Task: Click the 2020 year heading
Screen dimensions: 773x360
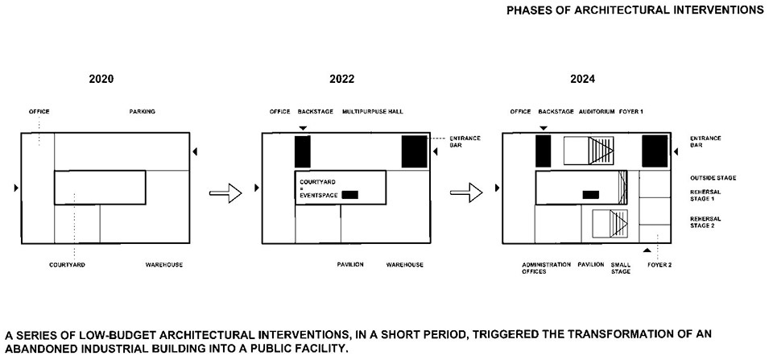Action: click(101, 79)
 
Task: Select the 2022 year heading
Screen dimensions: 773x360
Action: click(341, 79)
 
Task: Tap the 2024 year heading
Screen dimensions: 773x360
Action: click(582, 79)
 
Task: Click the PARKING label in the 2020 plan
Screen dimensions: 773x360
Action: click(142, 112)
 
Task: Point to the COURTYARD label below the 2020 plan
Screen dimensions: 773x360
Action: click(67, 265)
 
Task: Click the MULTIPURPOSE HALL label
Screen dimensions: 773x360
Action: click(373, 112)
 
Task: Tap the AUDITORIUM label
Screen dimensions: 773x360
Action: click(597, 112)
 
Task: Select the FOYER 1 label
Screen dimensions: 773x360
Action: click(631, 112)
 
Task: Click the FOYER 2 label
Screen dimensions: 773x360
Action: click(659, 265)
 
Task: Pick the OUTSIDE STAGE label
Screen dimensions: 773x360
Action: click(713, 178)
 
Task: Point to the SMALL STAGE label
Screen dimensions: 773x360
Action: click(621, 268)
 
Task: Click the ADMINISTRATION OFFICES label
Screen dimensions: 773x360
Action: click(546, 268)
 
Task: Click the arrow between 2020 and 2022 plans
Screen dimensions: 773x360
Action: click(225, 192)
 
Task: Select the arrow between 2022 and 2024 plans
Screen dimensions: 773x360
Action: click(466, 192)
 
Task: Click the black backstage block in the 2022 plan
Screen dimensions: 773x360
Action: click(303, 151)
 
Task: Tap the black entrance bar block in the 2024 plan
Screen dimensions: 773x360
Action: click(655, 151)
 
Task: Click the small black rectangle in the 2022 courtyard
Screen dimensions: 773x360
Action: click(350, 195)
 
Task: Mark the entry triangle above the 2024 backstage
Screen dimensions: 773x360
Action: click(544, 128)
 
